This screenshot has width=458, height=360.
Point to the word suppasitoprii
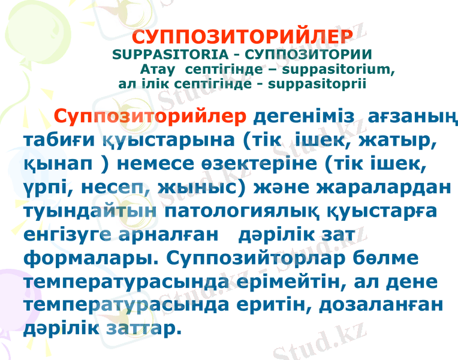318,83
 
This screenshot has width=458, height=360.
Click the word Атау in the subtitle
158,69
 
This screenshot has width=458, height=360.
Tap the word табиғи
56,140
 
